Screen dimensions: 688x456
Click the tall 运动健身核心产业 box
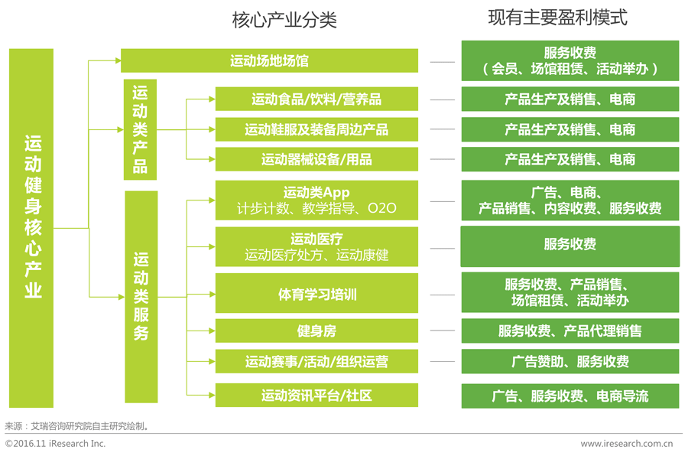coord(31,227)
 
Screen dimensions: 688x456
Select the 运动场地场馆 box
coord(269,60)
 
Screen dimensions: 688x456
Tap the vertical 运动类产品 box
coord(140,129)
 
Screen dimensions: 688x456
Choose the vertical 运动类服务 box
coord(141,296)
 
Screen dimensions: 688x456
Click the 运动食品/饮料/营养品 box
coord(316,99)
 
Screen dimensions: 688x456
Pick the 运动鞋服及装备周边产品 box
coord(316,129)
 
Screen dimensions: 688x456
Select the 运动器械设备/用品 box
coord(316,159)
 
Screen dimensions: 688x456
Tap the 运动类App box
coord(316,200)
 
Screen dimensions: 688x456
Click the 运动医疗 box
coord(316,246)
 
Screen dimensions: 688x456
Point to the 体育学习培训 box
coord(316,293)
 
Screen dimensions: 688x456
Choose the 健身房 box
coord(316,331)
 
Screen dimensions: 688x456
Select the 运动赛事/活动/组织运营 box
coord(316,361)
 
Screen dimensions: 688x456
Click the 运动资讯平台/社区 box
coord(316,396)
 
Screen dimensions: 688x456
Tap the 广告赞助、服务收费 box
coord(570,361)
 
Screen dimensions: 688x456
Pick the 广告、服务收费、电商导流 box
coord(570,396)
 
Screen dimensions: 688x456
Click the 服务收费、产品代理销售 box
coord(570,331)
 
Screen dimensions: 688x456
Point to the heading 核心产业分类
coord(284,20)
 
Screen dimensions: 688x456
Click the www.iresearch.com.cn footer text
coord(626,443)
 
